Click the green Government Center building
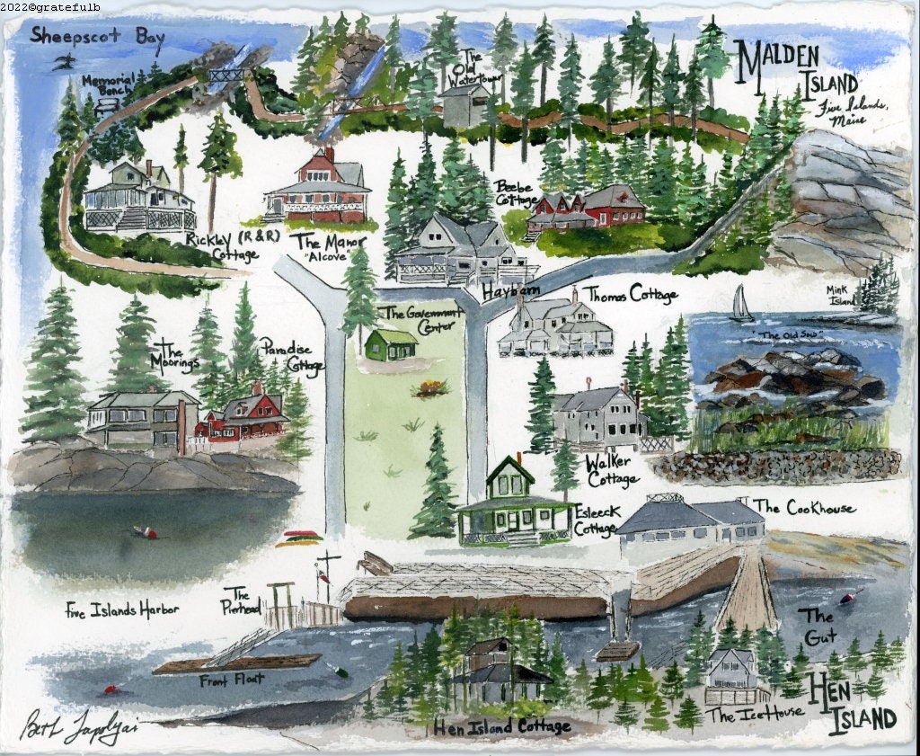pyautogui.click(x=391, y=344)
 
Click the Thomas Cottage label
pyautogui.click(x=632, y=294)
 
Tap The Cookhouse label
pyautogui.click(x=805, y=508)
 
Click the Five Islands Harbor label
pyautogui.click(x=121, y=609)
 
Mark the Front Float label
pyautogui.click(x=232, y=679)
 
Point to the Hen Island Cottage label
pyautogui.click(x=503, y=726)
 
